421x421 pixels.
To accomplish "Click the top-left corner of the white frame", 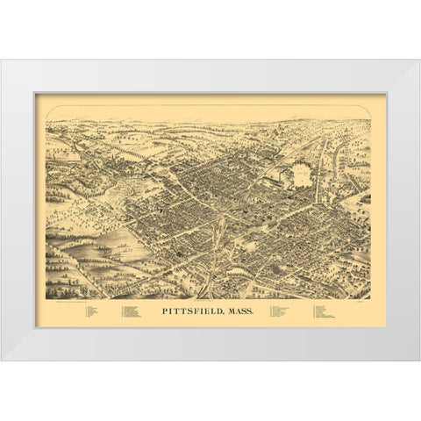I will (3, 61).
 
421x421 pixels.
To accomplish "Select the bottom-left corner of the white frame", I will (3, 360).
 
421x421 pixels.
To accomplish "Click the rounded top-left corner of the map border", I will (46, 122).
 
